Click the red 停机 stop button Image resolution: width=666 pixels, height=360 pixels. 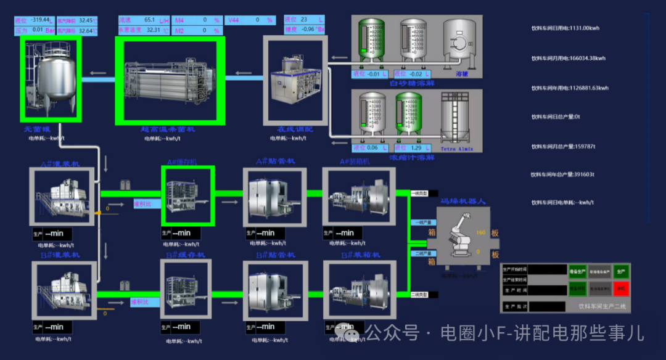pyautogui.click(x=621, y=288)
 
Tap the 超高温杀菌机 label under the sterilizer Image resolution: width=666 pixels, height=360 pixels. pyautogui.click(x=168, y=130)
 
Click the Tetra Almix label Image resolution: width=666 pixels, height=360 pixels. pyautogui.click(x=457, y=149)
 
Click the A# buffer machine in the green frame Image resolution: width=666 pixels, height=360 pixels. pyautogui.click(x=187, y=196)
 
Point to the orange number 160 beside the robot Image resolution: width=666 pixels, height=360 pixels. pyautogui.click(x=481, y=232)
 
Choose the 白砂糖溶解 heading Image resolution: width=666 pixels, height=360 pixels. pyautogui.click(x=413, y=83)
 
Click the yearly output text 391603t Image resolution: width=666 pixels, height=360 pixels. pyautogui.click(x=562, y=174)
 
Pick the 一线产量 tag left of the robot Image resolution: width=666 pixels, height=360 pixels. pyautogui.click(x=419, y=223)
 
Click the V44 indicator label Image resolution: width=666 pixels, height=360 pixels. pyautogui.click(x=234, y=20)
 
